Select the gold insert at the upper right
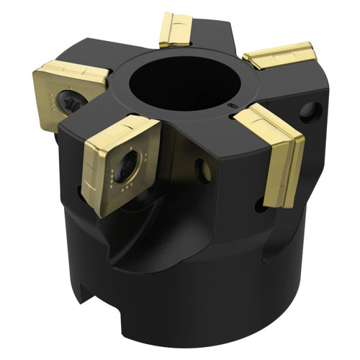[x=280, y=56]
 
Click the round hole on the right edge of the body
[x=310, y=111]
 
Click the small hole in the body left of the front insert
[x=81, y=192]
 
